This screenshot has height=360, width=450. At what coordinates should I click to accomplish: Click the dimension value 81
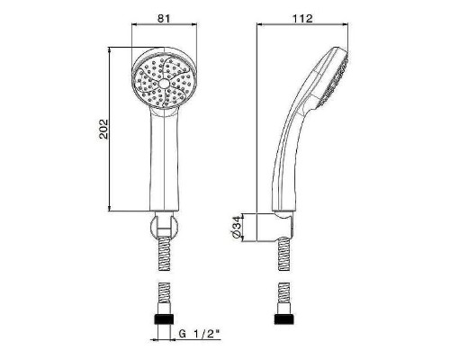[x=164, y=18]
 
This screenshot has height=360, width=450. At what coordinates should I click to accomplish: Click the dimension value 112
[x=302, y=18]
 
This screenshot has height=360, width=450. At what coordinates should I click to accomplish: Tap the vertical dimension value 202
[x=103, y=129]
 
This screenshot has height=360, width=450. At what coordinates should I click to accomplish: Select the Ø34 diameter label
[x=237, y=227]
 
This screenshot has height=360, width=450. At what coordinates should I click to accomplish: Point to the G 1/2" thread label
[x=200, y=334]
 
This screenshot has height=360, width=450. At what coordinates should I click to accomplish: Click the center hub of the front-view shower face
[x=165, y=83]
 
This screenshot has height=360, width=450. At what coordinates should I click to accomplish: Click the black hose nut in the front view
[x=164, y=319]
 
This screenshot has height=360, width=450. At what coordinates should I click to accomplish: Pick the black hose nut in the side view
[x=284, y=319]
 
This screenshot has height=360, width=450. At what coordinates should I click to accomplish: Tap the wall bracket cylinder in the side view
[x=274, y=228]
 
